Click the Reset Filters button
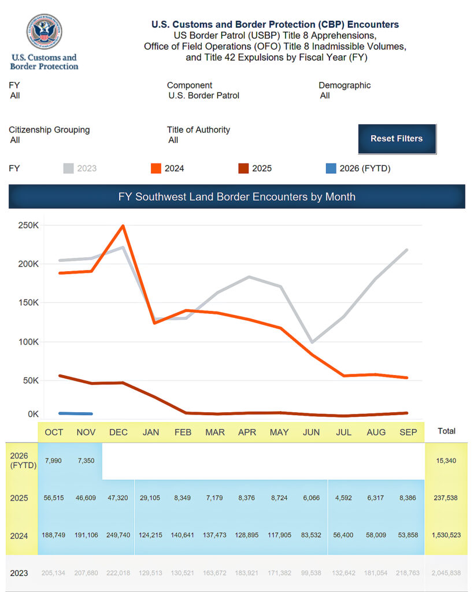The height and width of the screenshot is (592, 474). coord(397,139)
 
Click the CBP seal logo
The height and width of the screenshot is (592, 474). coord(45,32)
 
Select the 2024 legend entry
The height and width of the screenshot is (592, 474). coord(167,169)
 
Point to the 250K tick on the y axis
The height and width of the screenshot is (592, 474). coord(28,225)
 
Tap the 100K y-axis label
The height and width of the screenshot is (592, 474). coord(28,342)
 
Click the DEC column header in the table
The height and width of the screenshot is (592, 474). coord(118,432)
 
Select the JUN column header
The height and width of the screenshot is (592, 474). coord(311,432)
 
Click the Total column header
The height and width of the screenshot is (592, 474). coord(446,431)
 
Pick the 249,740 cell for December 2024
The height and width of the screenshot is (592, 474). coord(118,535)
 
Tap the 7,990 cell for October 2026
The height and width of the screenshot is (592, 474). coord(54,461)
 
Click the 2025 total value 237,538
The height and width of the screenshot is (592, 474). coord(446,497)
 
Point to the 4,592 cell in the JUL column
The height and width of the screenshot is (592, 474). coord(344,497)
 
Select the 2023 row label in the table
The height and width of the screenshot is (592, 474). coord(19,573)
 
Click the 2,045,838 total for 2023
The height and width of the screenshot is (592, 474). coord(446,573)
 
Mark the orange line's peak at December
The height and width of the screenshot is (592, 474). coord(123,226)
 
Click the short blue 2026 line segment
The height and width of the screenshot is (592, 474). coord(76,413)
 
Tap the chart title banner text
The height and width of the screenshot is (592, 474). coord(236,197)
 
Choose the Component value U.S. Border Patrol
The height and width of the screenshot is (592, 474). coord(203,95)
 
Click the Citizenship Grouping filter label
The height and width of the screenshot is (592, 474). coord(49,130)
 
